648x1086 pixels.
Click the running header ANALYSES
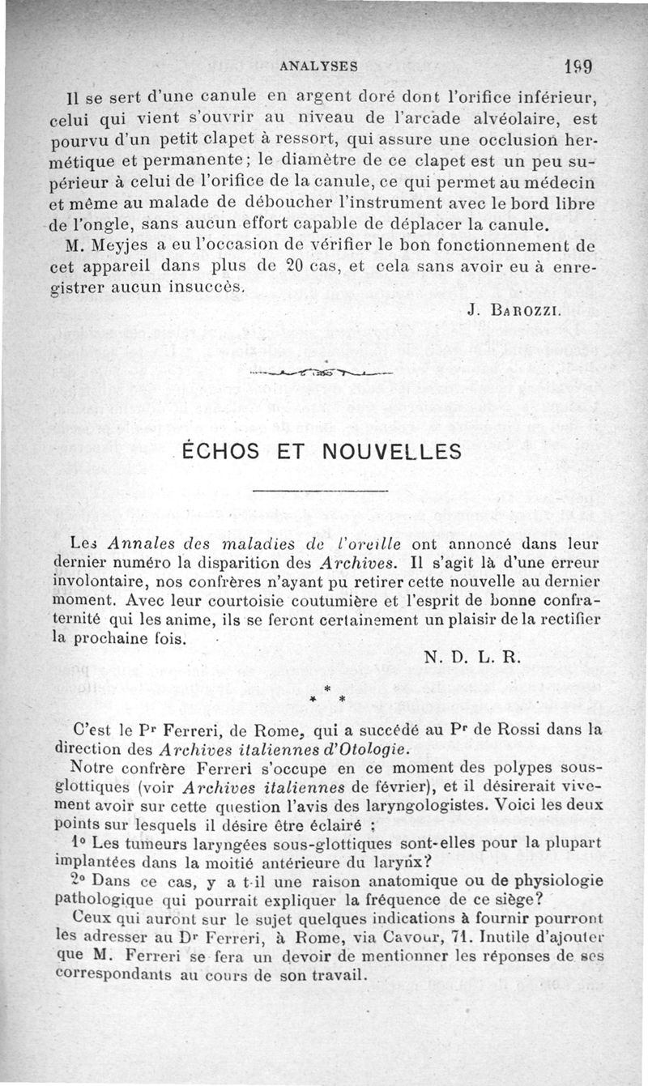click(318, 64)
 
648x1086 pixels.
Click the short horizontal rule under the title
click(321, 492)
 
